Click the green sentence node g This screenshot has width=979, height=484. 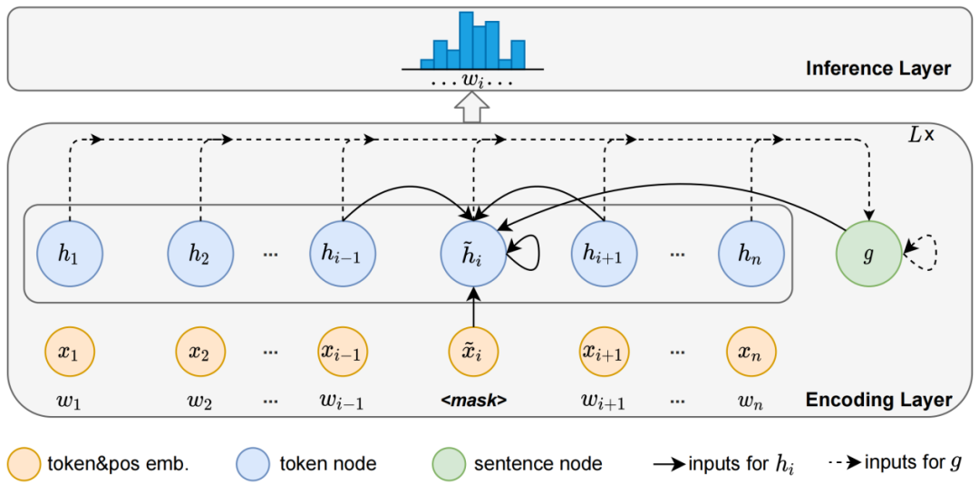pos(869,255)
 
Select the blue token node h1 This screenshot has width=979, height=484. pos(69,252)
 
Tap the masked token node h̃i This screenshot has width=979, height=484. pos(471,253)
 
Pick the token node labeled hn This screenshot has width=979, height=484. pos(751,252)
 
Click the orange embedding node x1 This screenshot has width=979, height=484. pos(69,352)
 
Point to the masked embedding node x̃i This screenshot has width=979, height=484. pos(472,352)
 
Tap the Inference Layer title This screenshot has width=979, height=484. pos(878,68)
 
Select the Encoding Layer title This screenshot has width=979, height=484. pos(878,400)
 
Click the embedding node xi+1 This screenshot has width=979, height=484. pos(605,352)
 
